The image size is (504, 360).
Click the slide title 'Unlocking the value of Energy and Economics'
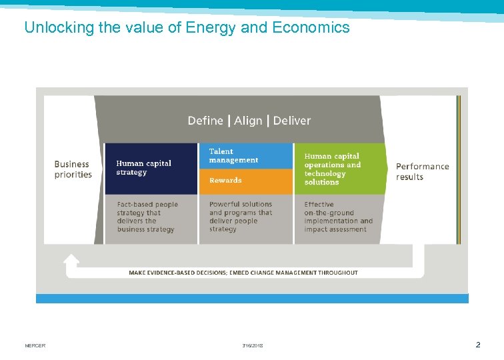[187, 27]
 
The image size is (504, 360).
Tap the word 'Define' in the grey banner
[205, 121]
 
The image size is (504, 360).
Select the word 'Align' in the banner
[248, 121]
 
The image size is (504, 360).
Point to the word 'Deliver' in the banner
[292, 121]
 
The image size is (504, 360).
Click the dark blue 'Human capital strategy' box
[151, 168]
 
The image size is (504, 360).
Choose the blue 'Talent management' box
[245, 156]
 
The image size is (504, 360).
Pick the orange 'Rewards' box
[245, 181]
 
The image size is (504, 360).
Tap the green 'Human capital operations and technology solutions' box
[339, 169]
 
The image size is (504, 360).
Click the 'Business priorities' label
[72, 169]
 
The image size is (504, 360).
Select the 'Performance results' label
[422, 171]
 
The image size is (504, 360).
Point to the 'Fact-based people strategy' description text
[148, 217]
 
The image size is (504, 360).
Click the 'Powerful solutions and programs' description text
[241, 217]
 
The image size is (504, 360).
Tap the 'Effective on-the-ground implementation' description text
[338, 217]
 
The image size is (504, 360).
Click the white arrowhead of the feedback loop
[71, 261]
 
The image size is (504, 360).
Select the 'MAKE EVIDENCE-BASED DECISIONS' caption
[243, 273]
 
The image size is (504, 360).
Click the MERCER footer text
[35, 345]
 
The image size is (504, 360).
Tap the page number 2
[477, 345]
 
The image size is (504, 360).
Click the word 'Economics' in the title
[317, 27]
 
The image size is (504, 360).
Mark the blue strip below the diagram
[252, 299]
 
